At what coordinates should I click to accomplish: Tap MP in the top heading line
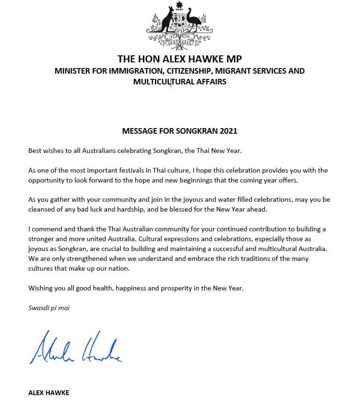tap(235, 59)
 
